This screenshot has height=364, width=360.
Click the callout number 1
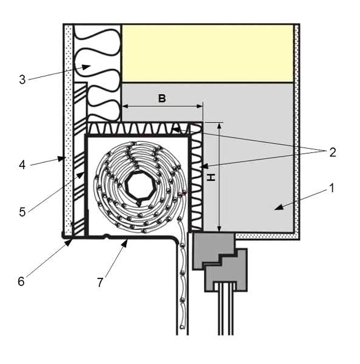pyautogui.click(x=332, y=188)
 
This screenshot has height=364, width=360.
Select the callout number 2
pyautogui.click(x=333, y=152)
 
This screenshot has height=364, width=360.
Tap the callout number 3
pyautogui.click(x=22, y=79)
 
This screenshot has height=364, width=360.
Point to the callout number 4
pyautogui.click(x=22, y=165)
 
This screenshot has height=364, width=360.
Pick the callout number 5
pyautogui.click(x=22, y=212)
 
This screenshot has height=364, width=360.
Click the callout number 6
pyautogui.click(x=21, y=281)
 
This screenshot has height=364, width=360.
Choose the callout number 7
pyautogui.click(x=100, y=283)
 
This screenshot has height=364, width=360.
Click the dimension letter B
pyautogui.click(x=162, y=98)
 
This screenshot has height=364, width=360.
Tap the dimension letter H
pyautogui.click(x=211, y=178)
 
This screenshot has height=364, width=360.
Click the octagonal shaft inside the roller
pyautogui.click(x=139, y=186)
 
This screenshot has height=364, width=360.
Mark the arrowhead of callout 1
pyautogui.click(x=279, y=207)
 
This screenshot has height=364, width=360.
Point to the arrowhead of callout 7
pyautogui.click(x=125, y=243)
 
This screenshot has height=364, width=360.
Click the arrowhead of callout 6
pyautogui.click(x=68, y=243)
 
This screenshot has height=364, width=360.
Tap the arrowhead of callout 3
pyautogui.click(x=86, y=67)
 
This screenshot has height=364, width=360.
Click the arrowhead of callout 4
pyautogui.click(x=61, y=159)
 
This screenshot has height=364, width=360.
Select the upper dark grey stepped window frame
pyautogui.click(x=213, y=250)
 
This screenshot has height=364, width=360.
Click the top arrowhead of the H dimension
pyautogui.click(x=219, y=126)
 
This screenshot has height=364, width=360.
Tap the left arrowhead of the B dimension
pyautogui.click(x=125, y=106)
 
